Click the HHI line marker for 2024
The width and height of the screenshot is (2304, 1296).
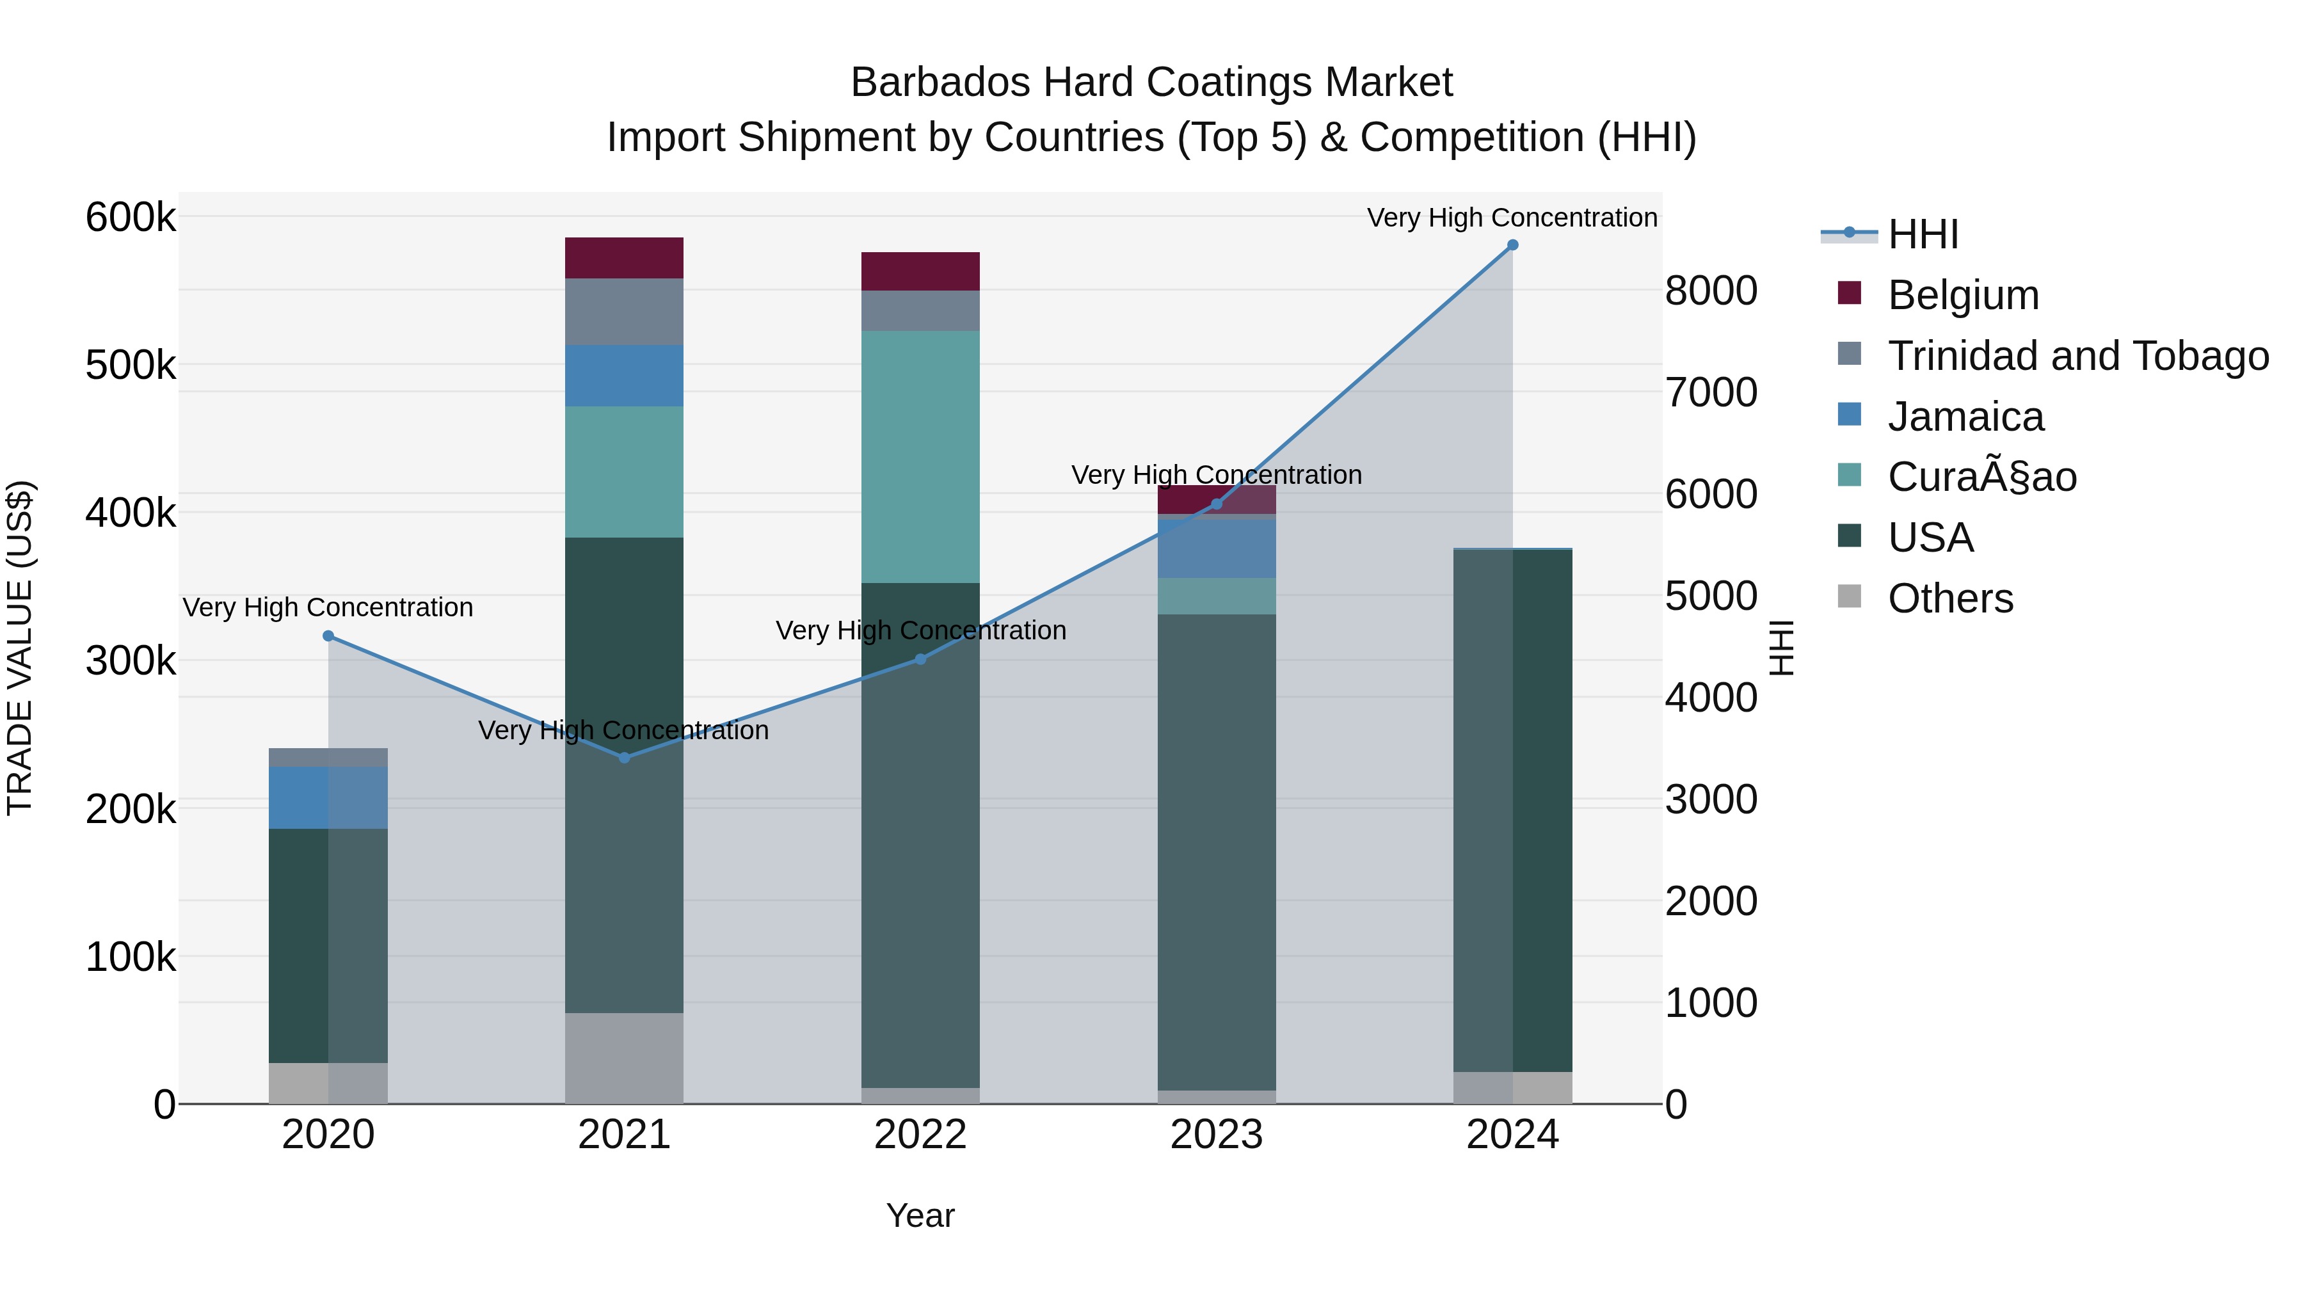pyautogui.click(x=1512, y=245)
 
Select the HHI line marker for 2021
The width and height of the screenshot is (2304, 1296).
pyautogui.click(x=624, y=758)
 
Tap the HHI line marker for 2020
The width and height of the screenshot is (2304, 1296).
pyautogui.click(x=328, y=636)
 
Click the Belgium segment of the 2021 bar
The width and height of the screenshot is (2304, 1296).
pyautogui.click(x=624, y=257)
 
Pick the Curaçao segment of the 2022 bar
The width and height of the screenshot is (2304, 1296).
pyautogui.click(x=920, y=456)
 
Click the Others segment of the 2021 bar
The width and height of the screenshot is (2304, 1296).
pyautogui.click(x=624, y=1057)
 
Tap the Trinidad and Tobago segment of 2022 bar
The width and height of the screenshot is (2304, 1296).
pyautogui.click(x=920, y=310)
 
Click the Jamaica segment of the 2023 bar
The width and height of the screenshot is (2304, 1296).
pyautogui.click(x=1217, y=548)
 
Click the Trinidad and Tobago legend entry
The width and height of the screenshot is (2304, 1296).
pyautogui.click(x=2077, y=356)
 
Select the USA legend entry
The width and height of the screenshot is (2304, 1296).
pyautogui.click(x=1930, y=538)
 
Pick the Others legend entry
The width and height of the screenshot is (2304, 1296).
pyautogui.click(x=1950, y=598)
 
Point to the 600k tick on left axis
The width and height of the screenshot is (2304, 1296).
pyautogui.click(x=131, y=218)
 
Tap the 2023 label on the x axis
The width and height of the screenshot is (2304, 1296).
pyautogui.click(x=1217, y=1135)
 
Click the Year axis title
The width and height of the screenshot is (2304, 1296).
pyautogui.click(x=920, y=1215)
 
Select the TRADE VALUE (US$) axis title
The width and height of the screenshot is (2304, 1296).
pyautogui.click(x=20, y=648)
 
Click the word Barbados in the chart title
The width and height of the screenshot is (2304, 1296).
pyautogui.click(x=939, y=83)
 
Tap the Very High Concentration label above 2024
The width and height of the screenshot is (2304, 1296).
pyautogui.click(x=1512, y=218)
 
